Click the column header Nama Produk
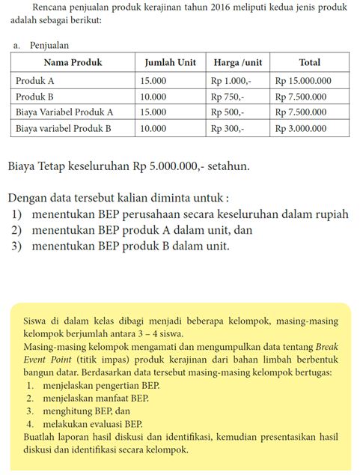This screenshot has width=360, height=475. pyautogui.click(x=73, y=62)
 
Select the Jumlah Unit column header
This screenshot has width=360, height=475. pyautogui.click(x=170, y=62)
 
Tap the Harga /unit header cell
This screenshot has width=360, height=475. pyautogui.click(x=237, y=62)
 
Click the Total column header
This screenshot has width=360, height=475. pyautogui.click(x=309, y=62)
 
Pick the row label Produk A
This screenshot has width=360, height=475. pyautogui.click(x=37, y=79)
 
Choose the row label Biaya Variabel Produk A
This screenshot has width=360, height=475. pyautogui.click(x=64, y=112)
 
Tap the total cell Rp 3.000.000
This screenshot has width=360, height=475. pyautogui.click(x=301, y=128)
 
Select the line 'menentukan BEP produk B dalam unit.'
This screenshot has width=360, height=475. pyautogui.click(x=130, y=246)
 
